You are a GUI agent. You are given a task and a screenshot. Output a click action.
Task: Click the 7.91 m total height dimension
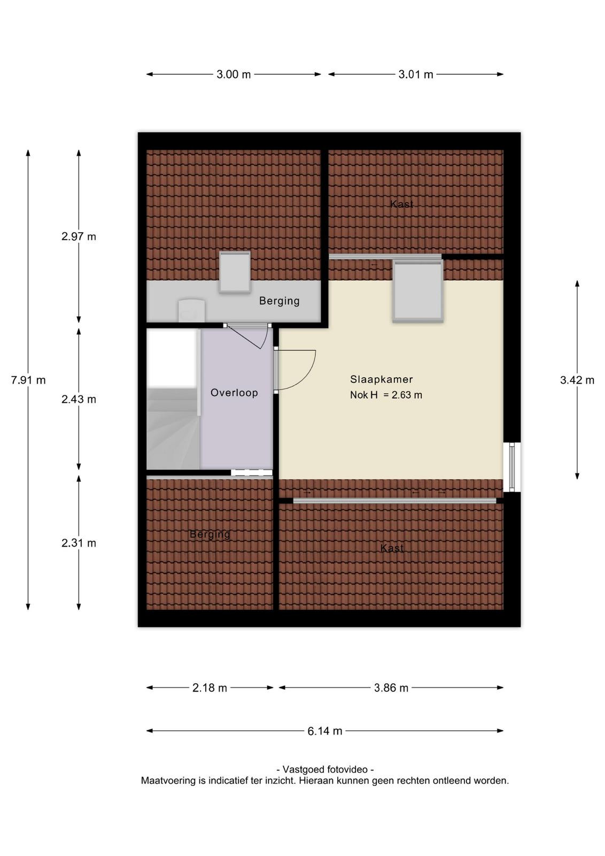[28, 380]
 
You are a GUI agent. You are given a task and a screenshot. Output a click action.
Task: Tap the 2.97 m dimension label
[79, 236]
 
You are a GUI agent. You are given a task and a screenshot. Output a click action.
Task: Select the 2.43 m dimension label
[79, 399]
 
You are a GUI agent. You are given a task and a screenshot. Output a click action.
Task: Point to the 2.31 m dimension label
[79, 543]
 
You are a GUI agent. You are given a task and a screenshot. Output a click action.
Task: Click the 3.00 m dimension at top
[234, 74]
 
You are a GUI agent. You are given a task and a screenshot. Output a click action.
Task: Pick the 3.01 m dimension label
[416, 74]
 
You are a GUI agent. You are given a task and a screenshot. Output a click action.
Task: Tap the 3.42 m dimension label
[577, 380]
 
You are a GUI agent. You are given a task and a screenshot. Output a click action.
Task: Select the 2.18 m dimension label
[210, 688]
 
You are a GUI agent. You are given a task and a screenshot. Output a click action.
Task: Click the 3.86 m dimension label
[391, 688]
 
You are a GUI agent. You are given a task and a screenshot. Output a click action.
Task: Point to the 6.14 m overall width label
[325, 731]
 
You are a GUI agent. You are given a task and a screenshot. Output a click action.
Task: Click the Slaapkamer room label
[381, 379]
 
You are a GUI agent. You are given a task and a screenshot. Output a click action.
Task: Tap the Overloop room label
[234, 393]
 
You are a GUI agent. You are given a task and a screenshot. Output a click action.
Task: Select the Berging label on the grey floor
[279, 301]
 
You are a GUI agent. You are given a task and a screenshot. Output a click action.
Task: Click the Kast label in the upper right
[401, 204]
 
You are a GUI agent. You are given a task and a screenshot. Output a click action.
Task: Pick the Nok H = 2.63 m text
[386, 395]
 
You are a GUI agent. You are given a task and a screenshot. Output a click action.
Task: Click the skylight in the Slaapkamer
[418, 291]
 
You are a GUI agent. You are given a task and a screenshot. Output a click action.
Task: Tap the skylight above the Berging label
[235, 272]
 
